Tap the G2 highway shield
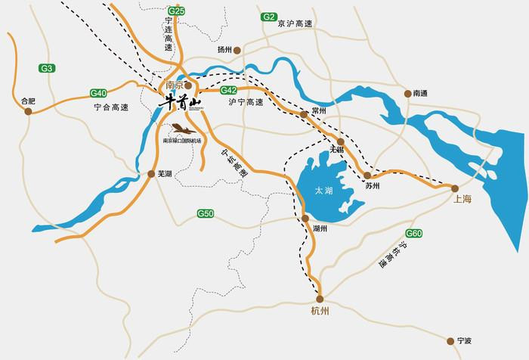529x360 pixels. click(268, 16)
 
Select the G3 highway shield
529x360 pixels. click(48, 68)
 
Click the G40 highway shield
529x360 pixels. click(98, 92)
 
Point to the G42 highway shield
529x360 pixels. click(229, 90)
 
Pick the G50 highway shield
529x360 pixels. click(206, 213)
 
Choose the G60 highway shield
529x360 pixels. click(414, 234)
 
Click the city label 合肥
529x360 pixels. click(29, 99)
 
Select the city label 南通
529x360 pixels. click(420, 93)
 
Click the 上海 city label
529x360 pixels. click(462, 200)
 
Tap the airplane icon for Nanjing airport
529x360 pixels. click(178, 129)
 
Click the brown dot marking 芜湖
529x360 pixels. click(151, 174)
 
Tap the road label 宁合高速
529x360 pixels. click(113, 108)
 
